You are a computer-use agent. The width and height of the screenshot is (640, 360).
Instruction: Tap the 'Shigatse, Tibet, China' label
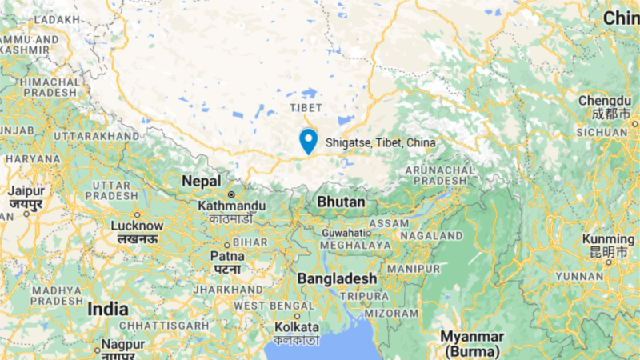pos(381,143)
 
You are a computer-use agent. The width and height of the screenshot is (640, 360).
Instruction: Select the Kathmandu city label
pos(230,206)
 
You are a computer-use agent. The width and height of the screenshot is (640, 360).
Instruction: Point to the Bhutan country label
pos(341,202)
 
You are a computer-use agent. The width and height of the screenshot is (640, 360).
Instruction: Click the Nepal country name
pos(201,182)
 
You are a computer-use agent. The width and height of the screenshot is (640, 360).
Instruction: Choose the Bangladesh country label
pos(337,278)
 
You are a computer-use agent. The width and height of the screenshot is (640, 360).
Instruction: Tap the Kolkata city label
pos(296,328)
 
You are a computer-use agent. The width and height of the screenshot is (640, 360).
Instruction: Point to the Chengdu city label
pos(606,101)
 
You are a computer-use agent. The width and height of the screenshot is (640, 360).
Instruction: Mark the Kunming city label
pos(608,239)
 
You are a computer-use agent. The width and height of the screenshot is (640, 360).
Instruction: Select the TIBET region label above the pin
pos(306,107)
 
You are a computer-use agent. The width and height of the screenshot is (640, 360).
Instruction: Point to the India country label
pos(108,309)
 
